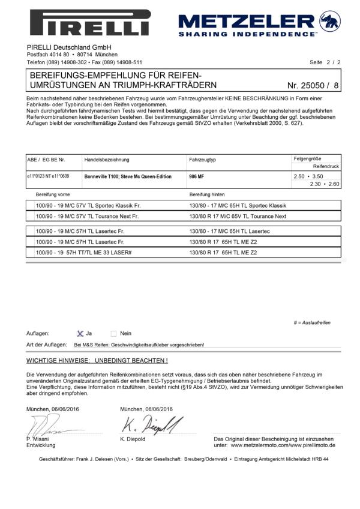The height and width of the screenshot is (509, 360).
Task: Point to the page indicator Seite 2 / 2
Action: point(325,62)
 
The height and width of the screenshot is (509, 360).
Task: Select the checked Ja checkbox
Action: point(80,333)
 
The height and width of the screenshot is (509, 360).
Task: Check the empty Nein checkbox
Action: point(113,333)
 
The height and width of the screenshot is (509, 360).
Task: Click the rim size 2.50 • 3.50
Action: point(308,176)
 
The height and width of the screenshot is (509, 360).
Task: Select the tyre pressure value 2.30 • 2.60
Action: point(325,184)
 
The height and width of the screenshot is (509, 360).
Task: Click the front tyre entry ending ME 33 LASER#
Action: point(84,253)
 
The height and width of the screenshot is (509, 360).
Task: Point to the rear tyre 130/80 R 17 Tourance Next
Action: point(238,216)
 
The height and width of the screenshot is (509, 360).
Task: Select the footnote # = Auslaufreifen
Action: point(312,323)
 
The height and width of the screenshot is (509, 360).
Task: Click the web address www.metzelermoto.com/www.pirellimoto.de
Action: point(283,445)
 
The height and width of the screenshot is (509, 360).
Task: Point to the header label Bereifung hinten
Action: point(208,194)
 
